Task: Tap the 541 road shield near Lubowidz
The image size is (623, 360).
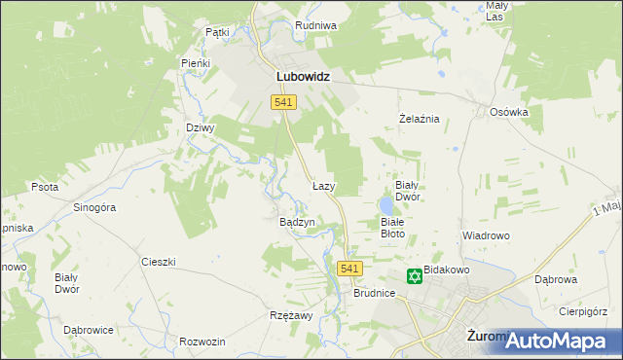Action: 284,102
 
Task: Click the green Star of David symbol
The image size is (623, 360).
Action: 414,277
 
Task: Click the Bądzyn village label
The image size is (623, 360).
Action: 298,222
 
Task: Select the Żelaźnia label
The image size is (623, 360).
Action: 421,119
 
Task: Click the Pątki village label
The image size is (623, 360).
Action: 217,32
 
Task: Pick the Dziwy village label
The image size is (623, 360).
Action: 200,127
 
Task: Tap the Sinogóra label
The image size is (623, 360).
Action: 95,207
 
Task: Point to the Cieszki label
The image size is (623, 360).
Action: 158,262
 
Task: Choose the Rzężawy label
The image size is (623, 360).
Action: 290,315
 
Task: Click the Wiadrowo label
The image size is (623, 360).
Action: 486,235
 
